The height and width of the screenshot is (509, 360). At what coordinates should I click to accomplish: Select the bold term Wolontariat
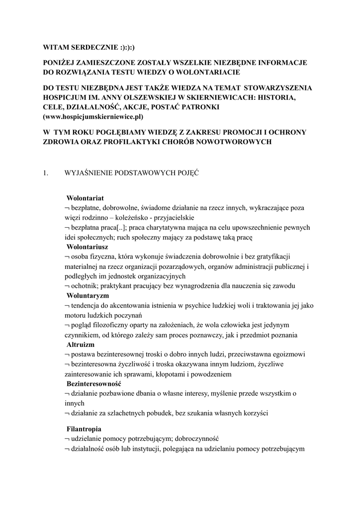[85, 198]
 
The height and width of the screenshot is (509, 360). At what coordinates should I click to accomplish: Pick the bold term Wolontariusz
[88, 247]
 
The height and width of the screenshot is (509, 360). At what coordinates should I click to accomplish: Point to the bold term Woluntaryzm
[88, 295]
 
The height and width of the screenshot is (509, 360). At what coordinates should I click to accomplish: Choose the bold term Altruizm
[81, 344]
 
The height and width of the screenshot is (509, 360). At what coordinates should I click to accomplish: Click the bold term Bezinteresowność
[94, 384]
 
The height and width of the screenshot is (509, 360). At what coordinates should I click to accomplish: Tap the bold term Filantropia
[84, 428]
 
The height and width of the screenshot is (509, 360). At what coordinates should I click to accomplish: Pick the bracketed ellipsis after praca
[121, 227]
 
